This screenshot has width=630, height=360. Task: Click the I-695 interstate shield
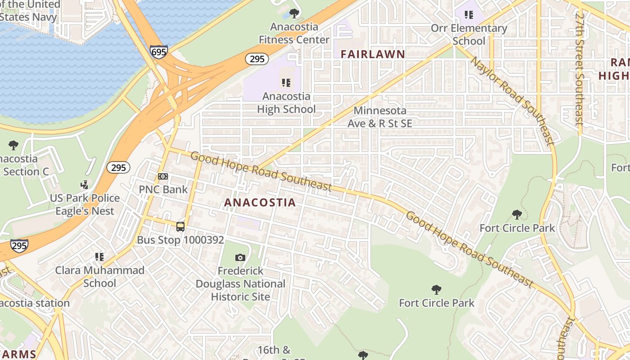[159, 51]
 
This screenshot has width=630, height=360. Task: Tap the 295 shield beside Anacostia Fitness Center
[257, 59]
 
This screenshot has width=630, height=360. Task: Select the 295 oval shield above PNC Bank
[118, 167]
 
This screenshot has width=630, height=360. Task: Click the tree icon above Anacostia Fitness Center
[294, 13]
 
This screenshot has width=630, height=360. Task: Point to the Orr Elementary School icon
[469, 15]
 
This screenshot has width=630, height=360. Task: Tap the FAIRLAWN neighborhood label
[373, 54]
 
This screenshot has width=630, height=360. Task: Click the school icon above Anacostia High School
[286, 83]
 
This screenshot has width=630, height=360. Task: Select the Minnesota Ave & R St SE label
[380, 117]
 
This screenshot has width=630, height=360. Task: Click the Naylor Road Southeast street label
[512, 101]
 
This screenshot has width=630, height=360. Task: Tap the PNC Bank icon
[162, 176]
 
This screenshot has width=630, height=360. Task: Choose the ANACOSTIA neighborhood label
[260, 202]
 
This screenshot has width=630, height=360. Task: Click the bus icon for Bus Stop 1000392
[180, 227]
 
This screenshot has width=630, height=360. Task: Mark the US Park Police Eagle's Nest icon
[84, 184]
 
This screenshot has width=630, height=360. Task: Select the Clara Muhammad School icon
[99, 257]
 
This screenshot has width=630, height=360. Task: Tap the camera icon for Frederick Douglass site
[240, 257]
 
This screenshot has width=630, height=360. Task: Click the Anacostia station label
[34, 303]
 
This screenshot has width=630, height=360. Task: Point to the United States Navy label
[29, 11]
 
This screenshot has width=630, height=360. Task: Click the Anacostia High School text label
[286, 103]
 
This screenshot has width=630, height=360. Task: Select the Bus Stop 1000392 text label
[180, 240]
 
